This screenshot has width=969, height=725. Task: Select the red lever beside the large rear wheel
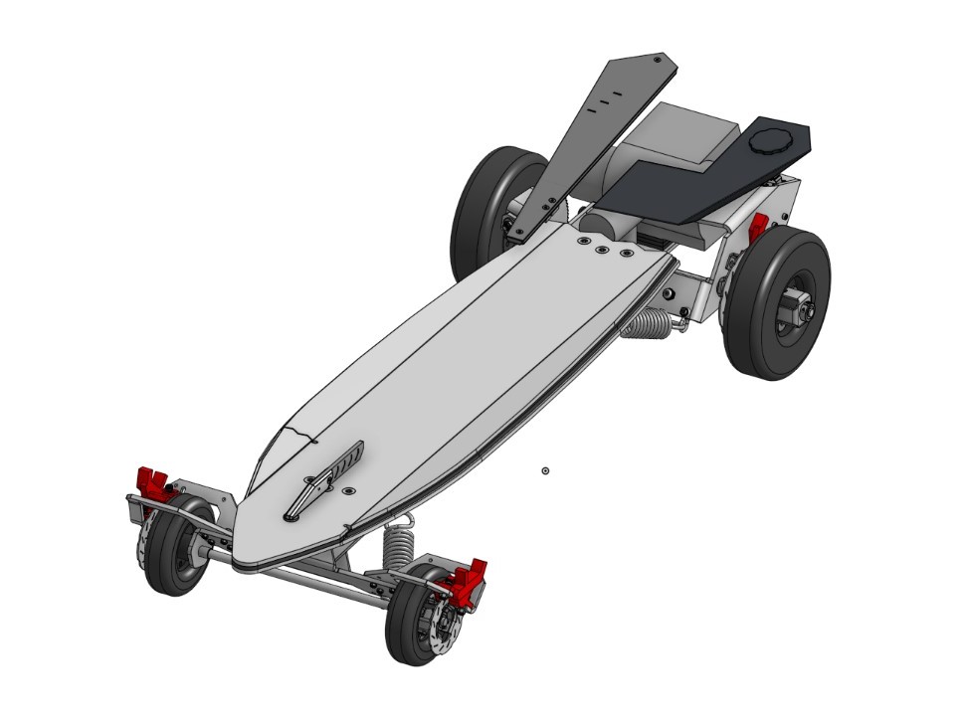pos(758,227)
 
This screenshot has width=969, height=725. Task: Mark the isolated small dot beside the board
pos(545,470)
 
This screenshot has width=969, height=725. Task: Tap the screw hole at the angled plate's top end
pos(658,60)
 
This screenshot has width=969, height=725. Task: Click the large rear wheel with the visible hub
pos(776,303)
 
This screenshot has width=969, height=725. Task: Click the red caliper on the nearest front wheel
pos(468,583)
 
